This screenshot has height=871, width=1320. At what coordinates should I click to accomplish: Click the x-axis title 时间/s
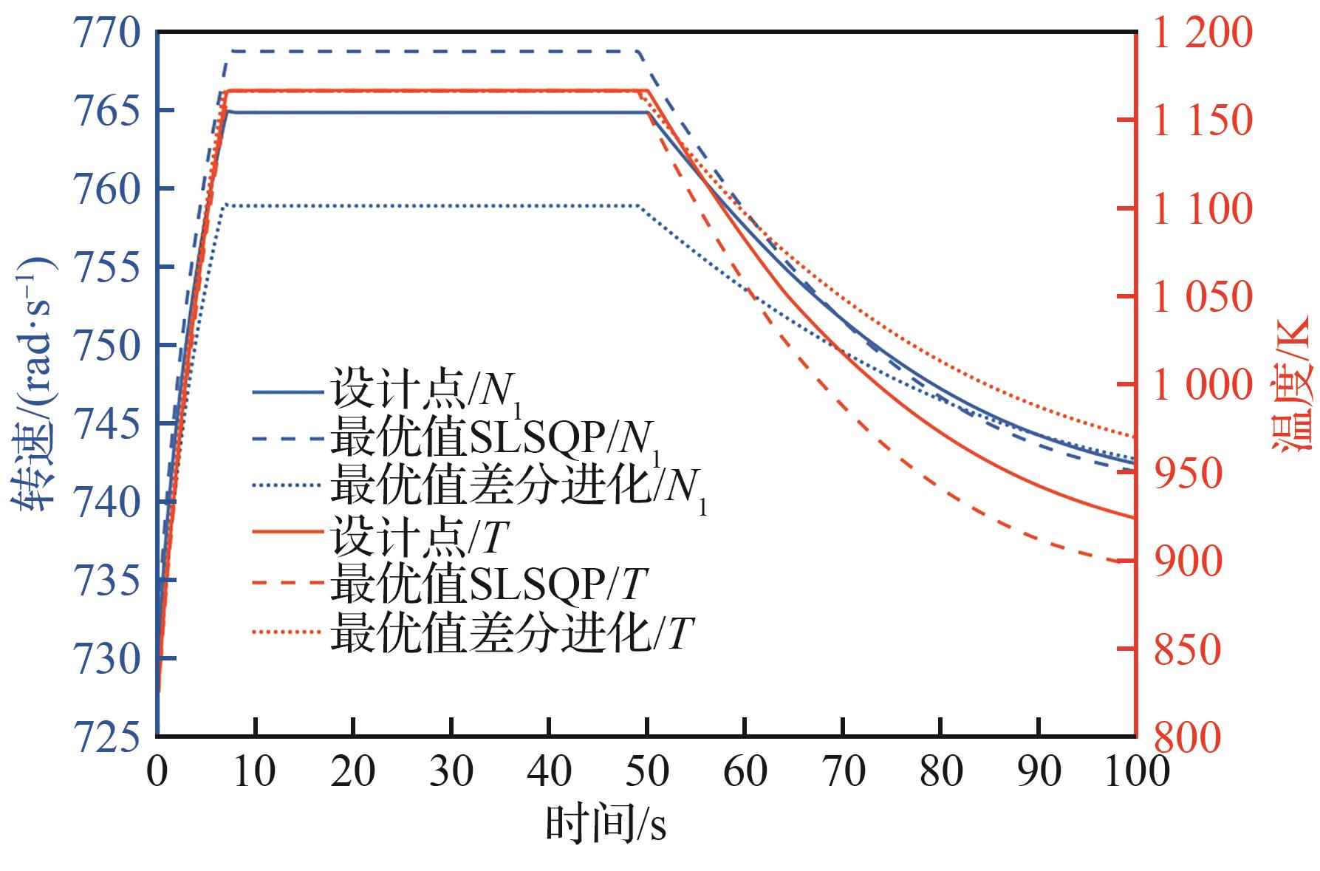(x=606, y=824)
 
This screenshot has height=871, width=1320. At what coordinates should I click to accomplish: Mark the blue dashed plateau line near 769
(x=428, y=52)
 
